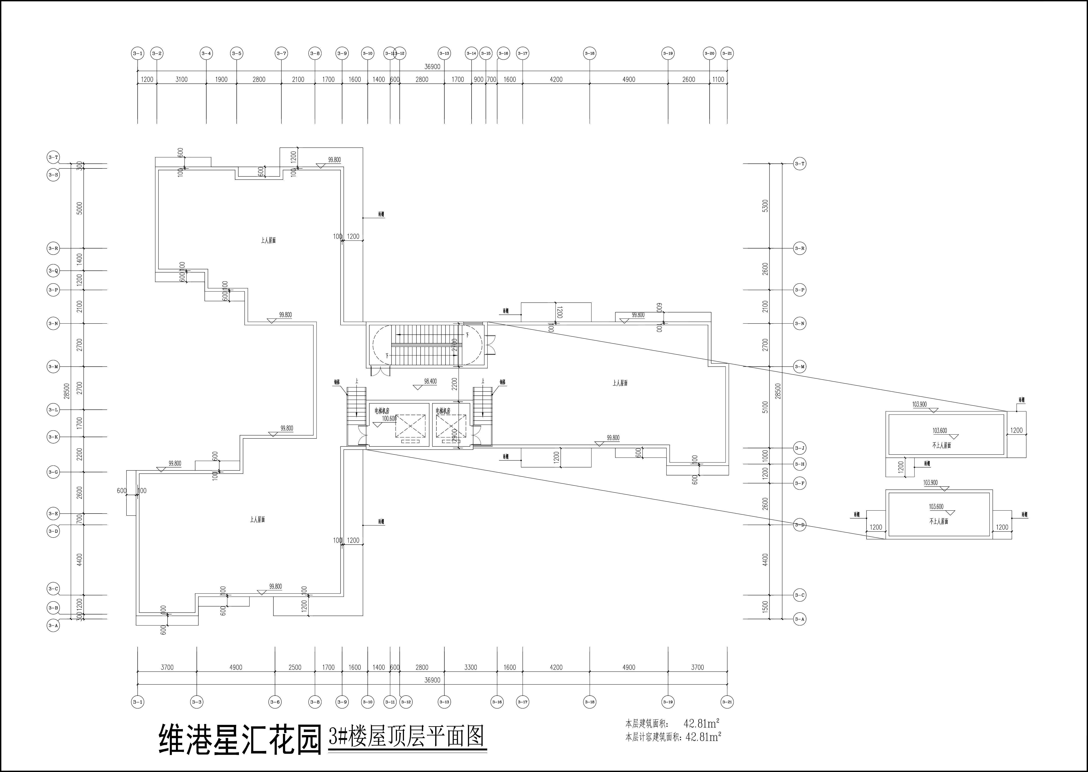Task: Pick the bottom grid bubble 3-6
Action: [275, 702]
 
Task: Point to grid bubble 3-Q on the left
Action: [53, 271]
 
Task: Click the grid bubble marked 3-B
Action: [53, 608]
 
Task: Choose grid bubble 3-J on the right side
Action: [800, 448]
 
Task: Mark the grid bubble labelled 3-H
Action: [800, 464]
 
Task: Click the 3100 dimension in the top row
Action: [182, 79]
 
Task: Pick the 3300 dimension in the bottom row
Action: [471, 667]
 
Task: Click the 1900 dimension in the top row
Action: [221, 79]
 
